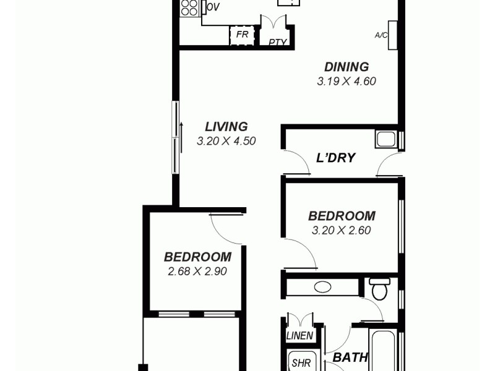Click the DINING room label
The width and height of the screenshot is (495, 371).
pos(346,67)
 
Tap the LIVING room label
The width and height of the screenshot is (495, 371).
pos(226,127)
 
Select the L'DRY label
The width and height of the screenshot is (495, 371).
pos(335,158)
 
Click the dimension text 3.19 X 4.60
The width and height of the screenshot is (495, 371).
pos(346,81)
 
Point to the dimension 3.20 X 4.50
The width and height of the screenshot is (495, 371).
pos(226,141)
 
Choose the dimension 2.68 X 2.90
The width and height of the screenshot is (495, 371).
pos(197,271)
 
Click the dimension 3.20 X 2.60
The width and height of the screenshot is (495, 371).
pos(342,231)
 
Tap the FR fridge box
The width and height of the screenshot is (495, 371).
pos(243,35)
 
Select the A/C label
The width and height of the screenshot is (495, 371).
pos(381,35)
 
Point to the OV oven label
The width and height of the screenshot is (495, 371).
pos(213,7)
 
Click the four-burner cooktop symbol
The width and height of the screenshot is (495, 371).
pos(189,7)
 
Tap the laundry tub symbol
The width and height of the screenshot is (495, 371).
pos(385,139)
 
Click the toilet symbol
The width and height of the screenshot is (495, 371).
pos(379,288)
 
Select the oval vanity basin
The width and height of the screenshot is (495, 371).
pos(322,288)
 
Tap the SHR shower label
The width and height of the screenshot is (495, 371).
pos(302,363)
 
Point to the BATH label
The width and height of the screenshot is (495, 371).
pos(350,357)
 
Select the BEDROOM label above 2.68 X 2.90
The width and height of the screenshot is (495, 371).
pos(197,257)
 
